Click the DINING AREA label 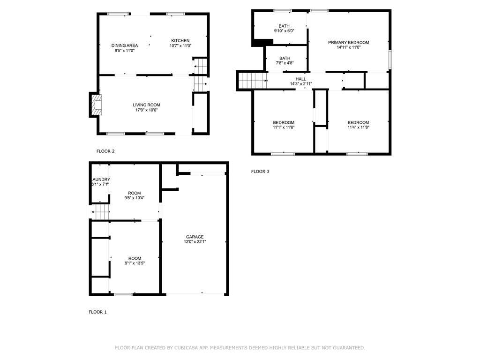coord(125,45)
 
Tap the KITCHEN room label coord(180,40)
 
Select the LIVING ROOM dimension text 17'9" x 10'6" coord(147,111)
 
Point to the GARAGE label coord(195,237)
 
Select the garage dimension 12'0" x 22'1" coord(195,242)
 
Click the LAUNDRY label coord(100,180)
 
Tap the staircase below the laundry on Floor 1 coord(100,211)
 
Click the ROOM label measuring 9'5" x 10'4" coord(135,193)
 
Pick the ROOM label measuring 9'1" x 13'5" coord(135,258)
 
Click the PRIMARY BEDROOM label coord(348,42)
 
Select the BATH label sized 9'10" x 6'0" coord(284,26)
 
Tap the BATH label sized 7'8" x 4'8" coord(285,59)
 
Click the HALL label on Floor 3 coord(300,79)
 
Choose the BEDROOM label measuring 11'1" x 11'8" coord(284,122)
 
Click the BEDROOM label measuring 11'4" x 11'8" coord(358,122)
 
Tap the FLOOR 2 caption coord(105,151)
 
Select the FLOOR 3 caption coord(260,172)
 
